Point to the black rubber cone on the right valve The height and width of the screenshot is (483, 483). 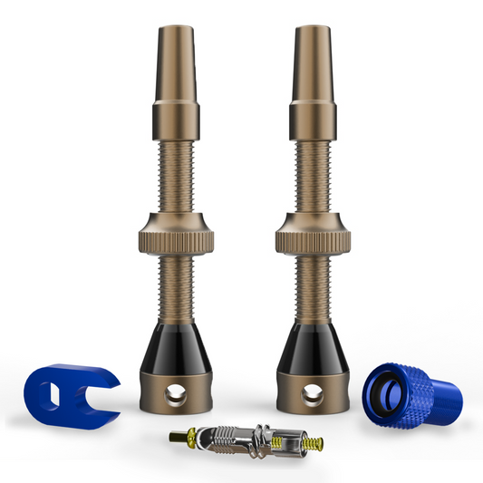point(315,346)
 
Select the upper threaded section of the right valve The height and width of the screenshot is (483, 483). point(315,177)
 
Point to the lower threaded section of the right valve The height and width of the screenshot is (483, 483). point(315,286)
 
